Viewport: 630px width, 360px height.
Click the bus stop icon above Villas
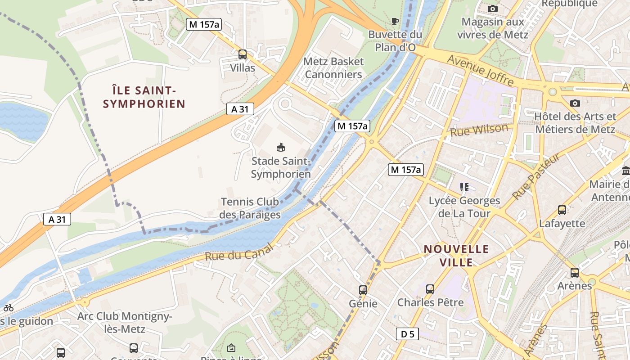pos(243,54)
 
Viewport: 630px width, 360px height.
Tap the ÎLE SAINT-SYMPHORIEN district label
pos(144,97)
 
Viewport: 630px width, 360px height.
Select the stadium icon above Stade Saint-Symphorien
pos(281,147)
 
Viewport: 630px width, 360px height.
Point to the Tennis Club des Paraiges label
pos(250,208)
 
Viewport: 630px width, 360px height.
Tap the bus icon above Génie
pos(363,290)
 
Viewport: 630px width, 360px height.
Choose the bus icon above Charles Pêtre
pos(430,289)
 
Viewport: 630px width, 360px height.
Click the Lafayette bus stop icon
pos(562,210)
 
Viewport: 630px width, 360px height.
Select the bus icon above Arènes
pos(575,272)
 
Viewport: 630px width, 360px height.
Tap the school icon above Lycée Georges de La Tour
pos(464,187)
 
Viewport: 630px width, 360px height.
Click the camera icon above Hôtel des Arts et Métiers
pos(575,103)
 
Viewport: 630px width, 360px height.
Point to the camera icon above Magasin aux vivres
pos(493,9)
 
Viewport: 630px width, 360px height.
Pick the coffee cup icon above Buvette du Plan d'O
pos(395,21)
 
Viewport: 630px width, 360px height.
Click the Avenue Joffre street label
pos(480,70)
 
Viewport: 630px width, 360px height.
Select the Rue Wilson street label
pos(479,130)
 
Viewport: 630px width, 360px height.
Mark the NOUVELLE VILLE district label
pos(456,256)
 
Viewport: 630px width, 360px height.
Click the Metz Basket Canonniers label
pos(333,67)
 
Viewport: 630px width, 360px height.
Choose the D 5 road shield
pos(408,334)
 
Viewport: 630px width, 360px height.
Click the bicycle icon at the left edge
pos(9,308)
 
